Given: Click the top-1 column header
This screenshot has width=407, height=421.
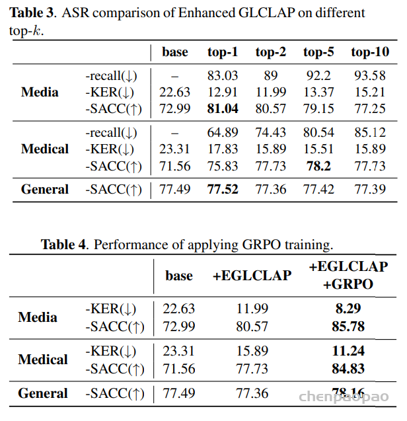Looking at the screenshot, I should pyautogui.click(x=223, y=52).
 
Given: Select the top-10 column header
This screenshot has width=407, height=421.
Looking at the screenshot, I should pyautogui.click(x=369, y=52).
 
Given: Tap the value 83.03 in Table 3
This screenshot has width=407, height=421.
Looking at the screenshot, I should pyautogui.click(x=223, y=76).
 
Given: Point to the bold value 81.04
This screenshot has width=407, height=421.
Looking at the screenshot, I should pyautogui.click(x=223, y=108).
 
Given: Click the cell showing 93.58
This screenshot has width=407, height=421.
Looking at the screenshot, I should pyautogui.click(x=369, y=76).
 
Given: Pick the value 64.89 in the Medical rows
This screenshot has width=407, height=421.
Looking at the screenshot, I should pyautogui.click(x=223, y=133).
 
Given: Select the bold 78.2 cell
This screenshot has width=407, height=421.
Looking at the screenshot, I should pyautogui.click(x=318, y=165).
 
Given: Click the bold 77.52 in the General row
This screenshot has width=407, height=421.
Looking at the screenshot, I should pyautogui.click(x=223, y=190).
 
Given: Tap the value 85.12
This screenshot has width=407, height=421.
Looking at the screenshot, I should pyautogui.click(x=369, y=133).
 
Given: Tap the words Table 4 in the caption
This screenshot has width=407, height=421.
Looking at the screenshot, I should pyautogui.click(x=63, y=245).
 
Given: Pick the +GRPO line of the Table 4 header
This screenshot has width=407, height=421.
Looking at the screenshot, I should pyautogui.click(x=348, y=284).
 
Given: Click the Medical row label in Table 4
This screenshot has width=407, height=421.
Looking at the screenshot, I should pyautogui.click(x=43, y=360).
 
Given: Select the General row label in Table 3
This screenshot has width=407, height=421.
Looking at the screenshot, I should pyautogui.click(x=45, y=190).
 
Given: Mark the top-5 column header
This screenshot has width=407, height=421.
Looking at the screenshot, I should pyautogui.click(x=318, y=52).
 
